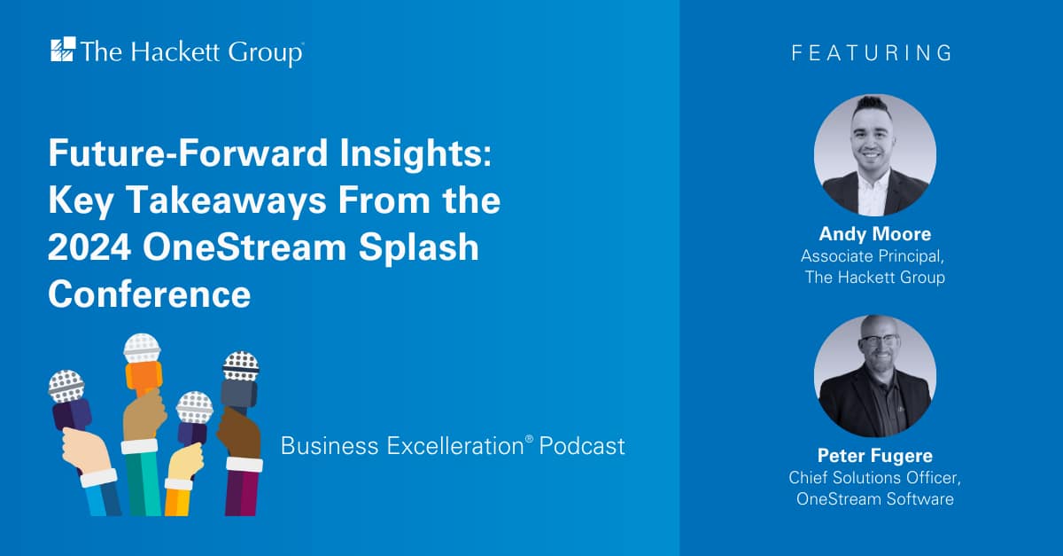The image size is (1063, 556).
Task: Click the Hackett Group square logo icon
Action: tap(63, 51)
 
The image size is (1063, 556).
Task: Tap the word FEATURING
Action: tap(872, 53)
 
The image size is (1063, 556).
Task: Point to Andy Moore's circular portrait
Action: tap(874, 155)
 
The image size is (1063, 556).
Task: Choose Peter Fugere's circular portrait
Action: tap(874, 376)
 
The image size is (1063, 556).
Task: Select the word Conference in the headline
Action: tap(149, 294)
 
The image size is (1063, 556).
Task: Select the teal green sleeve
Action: tap(142, 483)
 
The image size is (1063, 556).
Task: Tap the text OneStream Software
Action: tap(874, 499)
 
